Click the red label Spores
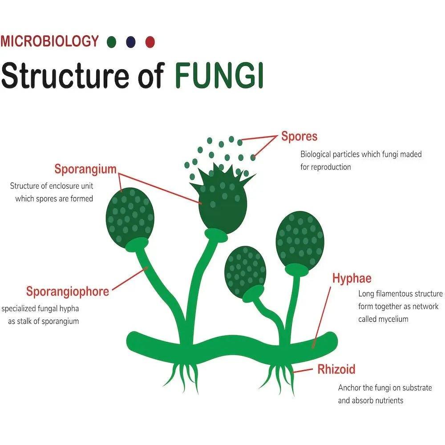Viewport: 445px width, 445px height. tap(299, 136)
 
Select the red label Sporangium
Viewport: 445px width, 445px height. tap(85, 169)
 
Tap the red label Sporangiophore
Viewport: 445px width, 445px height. tap(67, 291)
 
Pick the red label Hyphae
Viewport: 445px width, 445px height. tap(352, 279)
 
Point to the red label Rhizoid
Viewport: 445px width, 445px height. tap(336, 369)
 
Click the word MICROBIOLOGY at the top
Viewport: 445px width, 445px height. tap(49, 41)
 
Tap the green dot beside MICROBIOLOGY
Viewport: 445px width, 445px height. tap(112, 42)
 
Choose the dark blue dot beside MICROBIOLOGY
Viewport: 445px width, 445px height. tap(131, 42)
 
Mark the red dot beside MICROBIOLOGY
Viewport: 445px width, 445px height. tap(150, 42)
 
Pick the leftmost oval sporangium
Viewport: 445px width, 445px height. tap(130, 214)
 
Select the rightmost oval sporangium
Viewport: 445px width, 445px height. tap(299, 240)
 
